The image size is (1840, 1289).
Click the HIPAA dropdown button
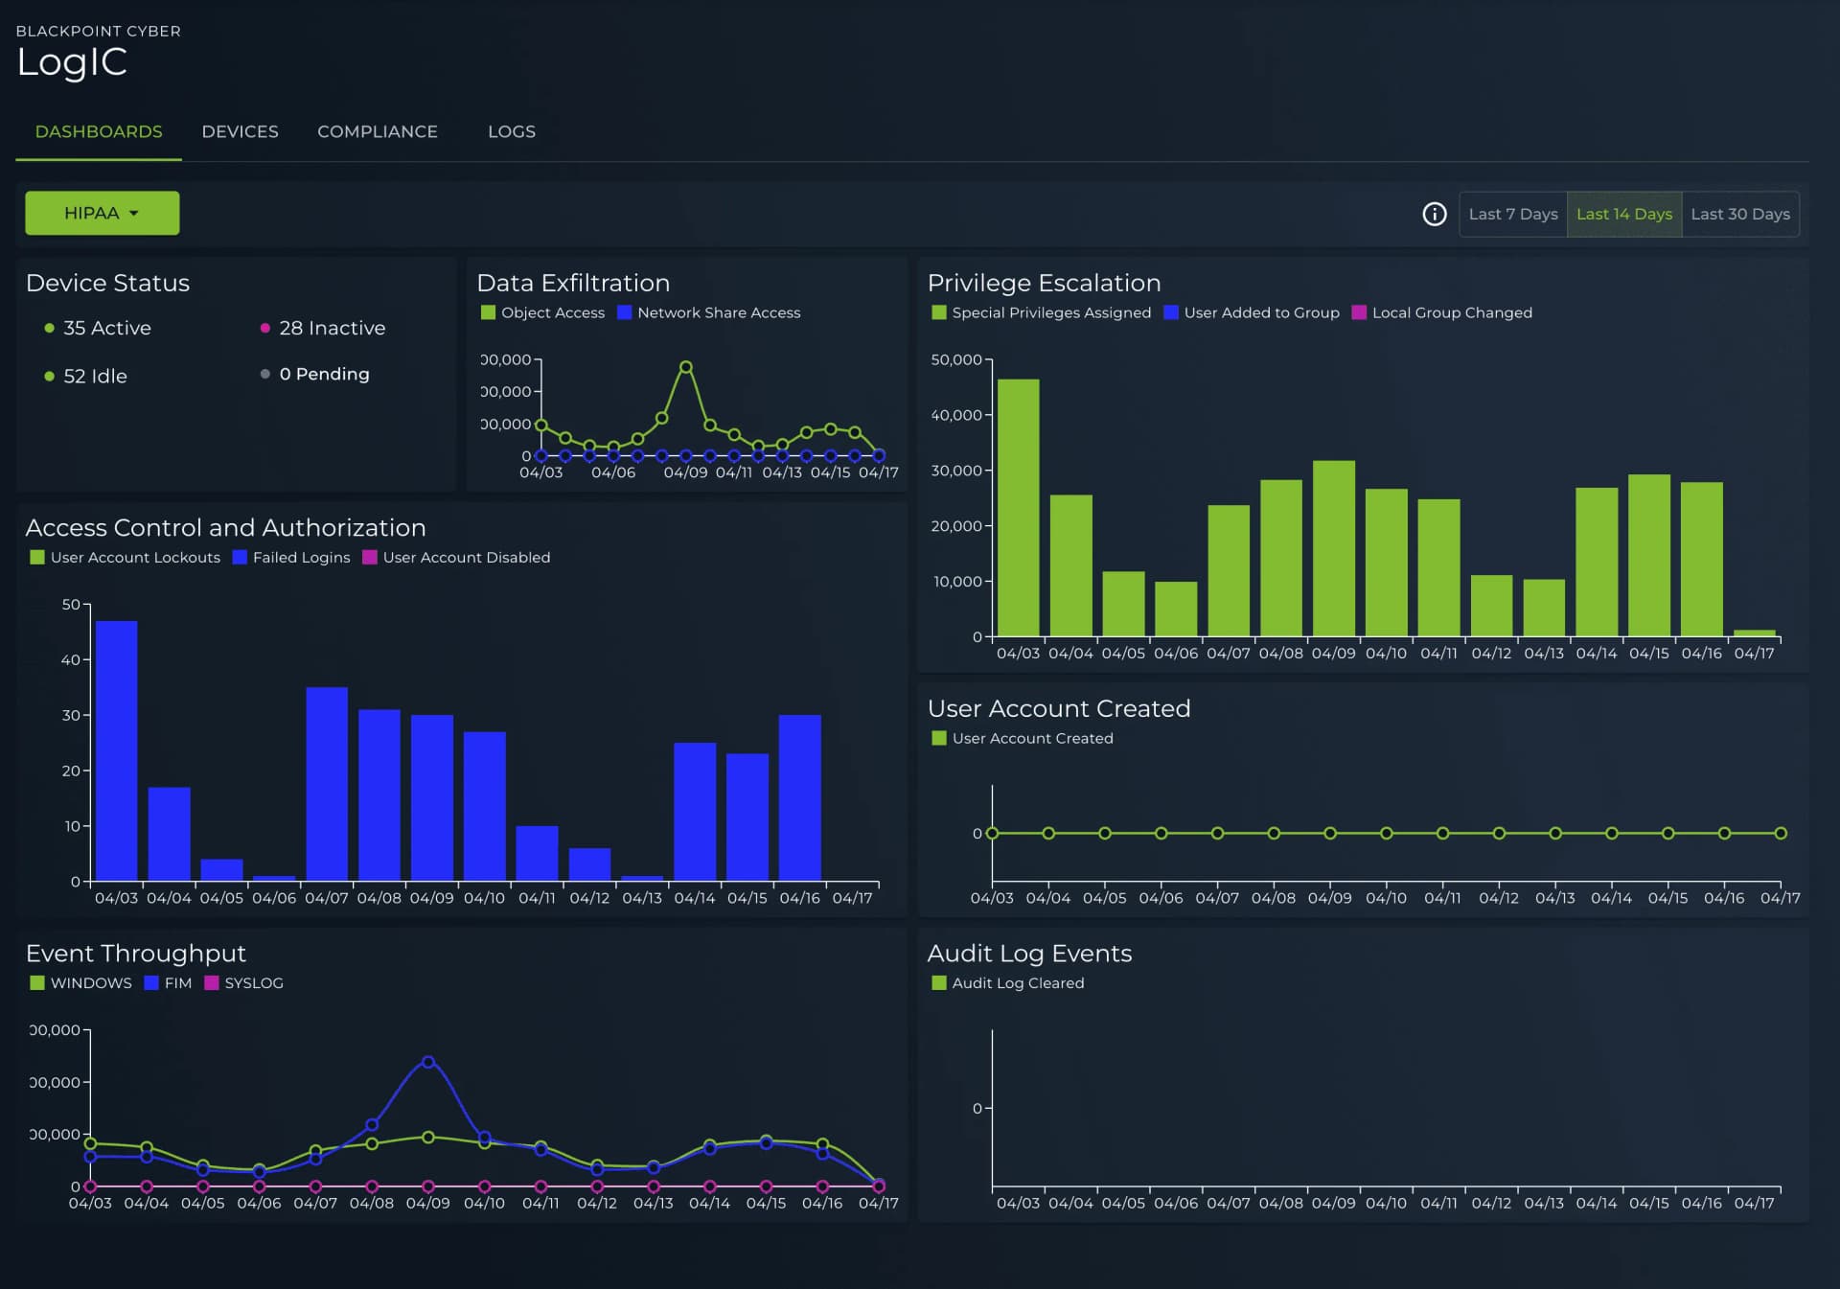pyautogui.click(x=102, y=213)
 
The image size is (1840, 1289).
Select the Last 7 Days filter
pyautogui.click(x=1512, y=214)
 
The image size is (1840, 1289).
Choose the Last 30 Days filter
pyautogui.click(x=1739, y=214)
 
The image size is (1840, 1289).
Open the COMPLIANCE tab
pyautogui.click(x=377, y=131)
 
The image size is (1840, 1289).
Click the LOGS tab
pyautogui.click(x=511, y=131)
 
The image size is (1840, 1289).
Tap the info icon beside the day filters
pyautogui.click(x=1434, y=214)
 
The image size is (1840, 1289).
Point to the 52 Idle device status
pyautogui.click(x=94, y=376)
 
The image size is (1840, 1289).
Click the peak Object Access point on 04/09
pyautogui.click(x=686, y=367)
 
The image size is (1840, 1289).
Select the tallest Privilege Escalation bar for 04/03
pyautogui.click(x=1018, y=508)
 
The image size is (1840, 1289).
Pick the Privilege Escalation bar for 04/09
pyautogui.click(x=1333, y=548)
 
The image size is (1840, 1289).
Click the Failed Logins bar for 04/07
pyautogui.click(x=327, y=784)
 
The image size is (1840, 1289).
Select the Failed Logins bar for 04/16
pyautogui.click(x=799, y=797)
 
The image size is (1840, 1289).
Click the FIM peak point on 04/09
pyautogui.click(x=428, y=1062)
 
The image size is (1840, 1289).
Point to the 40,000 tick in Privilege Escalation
pyautogui.click(x=955, y=415)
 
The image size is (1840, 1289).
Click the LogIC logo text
pyautogui.click(x=72, y=62)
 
